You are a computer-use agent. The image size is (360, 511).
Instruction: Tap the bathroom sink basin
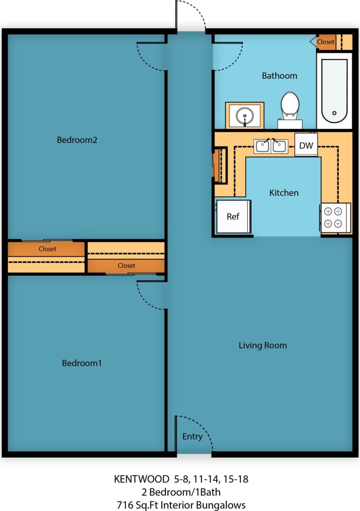[x=245, y=115]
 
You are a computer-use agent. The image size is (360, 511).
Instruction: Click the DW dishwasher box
[x=306, y=146]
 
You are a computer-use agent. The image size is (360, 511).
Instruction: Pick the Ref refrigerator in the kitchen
[x=234, y=216]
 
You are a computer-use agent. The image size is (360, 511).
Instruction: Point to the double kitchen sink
[x=271, y=146]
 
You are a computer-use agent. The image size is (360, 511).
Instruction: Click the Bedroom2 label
[x=77, y=140]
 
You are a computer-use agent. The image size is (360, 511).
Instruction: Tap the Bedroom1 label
[x=82, y=363]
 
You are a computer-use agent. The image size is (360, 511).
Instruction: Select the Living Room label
[x=263, y=345]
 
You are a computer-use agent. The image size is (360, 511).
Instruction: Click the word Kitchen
[x=284, y=193]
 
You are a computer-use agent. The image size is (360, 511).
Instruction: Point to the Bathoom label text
[x=279, y=76]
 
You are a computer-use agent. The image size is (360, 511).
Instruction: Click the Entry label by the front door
[x=192, y=436]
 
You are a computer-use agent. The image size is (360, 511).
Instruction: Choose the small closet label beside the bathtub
[x=325, y=42]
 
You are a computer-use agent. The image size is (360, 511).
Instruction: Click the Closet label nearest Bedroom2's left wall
[x=47, y=249]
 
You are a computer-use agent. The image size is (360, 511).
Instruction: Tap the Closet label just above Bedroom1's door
[x=126, y=265]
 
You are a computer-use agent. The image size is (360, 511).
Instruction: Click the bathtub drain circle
[x=334, y=113]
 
